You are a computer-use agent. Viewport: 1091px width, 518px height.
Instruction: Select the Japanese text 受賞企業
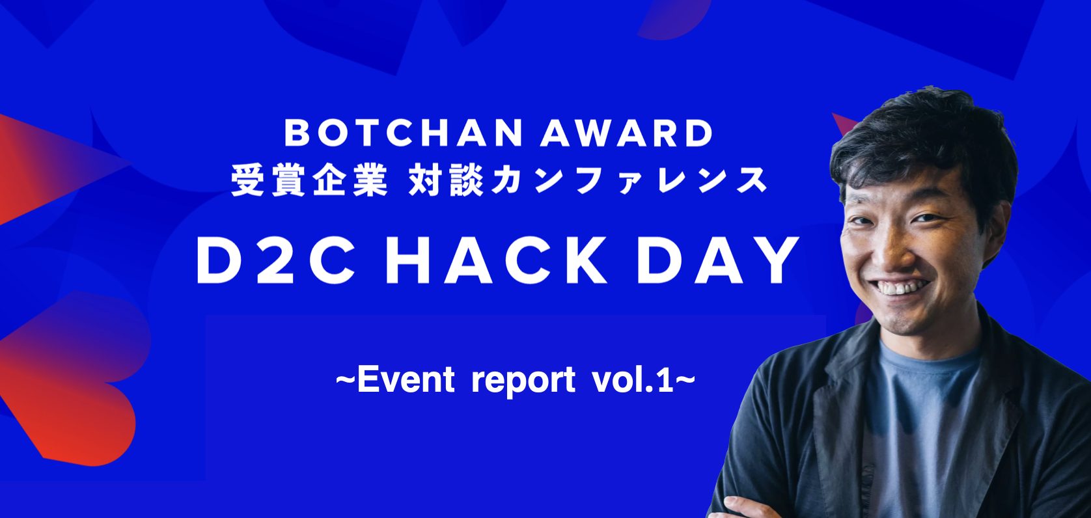[x=310, y=180]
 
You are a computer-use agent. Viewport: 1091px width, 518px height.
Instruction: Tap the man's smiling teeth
[x=902, y=287]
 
